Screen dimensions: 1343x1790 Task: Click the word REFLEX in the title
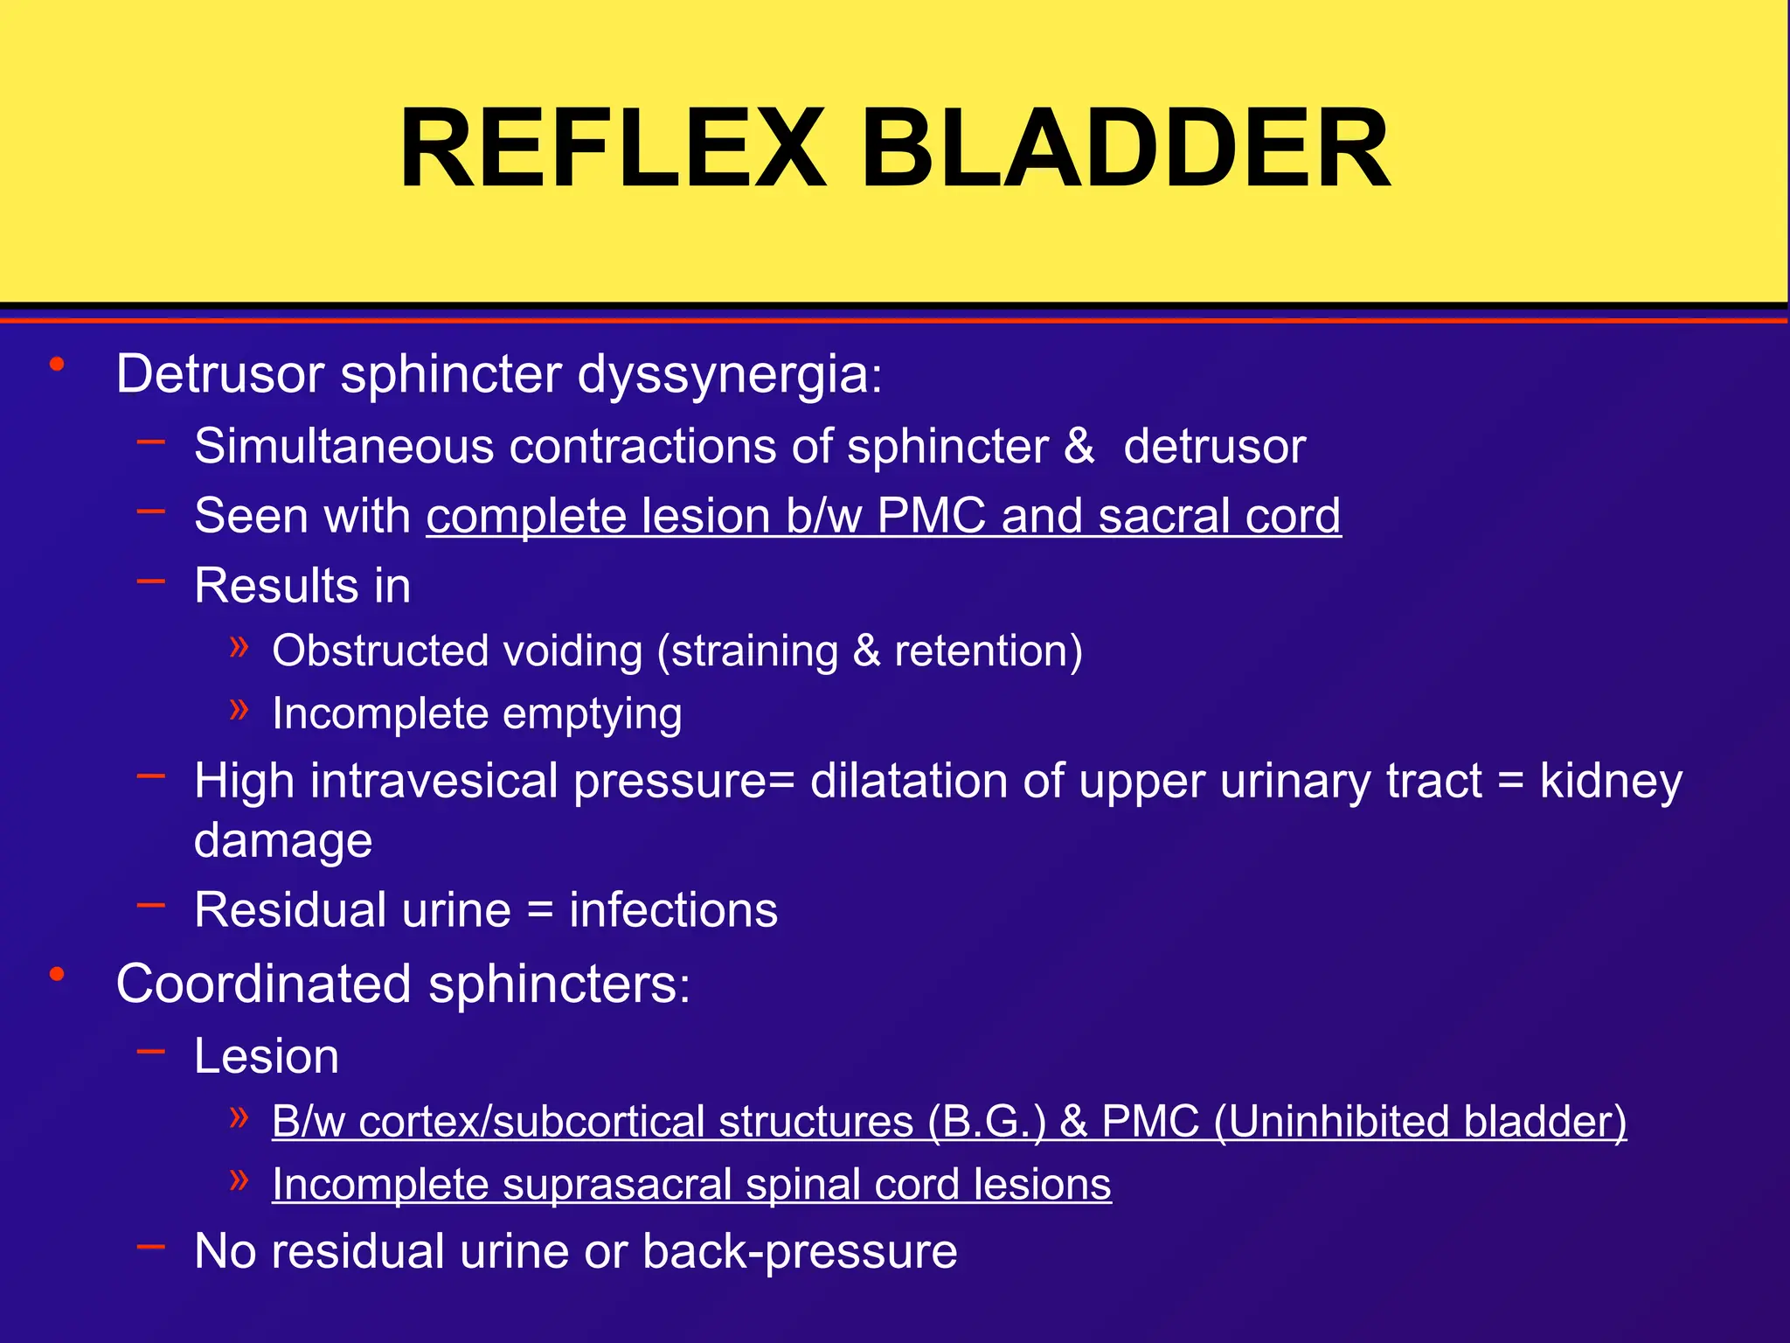(612, 149)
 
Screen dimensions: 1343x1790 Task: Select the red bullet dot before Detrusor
(58, 365)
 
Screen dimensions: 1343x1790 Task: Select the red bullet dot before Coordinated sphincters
(58, 974)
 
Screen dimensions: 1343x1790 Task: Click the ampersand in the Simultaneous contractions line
(1079, 446)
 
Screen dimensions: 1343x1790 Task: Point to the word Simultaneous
(344, 446)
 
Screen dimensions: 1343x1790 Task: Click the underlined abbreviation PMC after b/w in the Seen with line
(932, 516)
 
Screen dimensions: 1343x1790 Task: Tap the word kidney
(1611, 781)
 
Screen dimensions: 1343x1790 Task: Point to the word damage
(283, 841)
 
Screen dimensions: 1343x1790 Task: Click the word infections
(673, 910)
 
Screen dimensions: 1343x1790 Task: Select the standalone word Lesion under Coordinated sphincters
(267, 1056)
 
